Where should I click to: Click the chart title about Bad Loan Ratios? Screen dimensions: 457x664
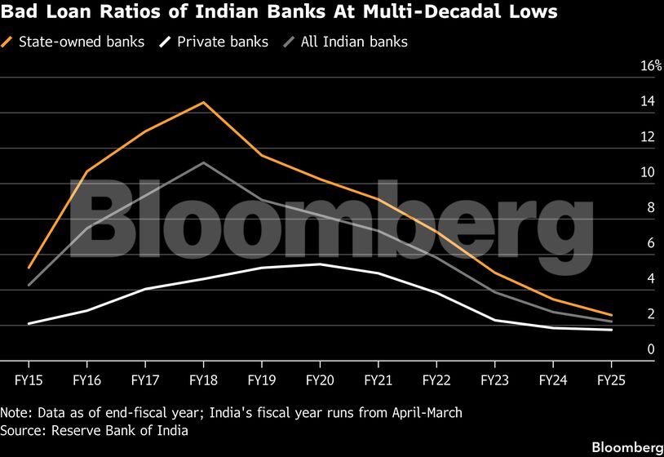tap(279, 12)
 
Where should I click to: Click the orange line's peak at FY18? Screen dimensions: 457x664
tap(203, 102)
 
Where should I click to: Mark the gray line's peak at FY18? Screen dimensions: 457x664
tap(203, 162)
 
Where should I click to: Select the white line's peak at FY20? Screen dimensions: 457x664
tap(320, 264)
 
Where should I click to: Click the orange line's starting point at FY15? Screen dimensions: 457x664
tap(29, 268)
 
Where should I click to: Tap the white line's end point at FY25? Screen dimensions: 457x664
tap(611, 330)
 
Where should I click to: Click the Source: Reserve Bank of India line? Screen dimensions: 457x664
tap(95, 430)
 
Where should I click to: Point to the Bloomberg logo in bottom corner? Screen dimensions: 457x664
tap(626, 446)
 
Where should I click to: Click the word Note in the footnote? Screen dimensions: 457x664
tap(15, 412)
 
